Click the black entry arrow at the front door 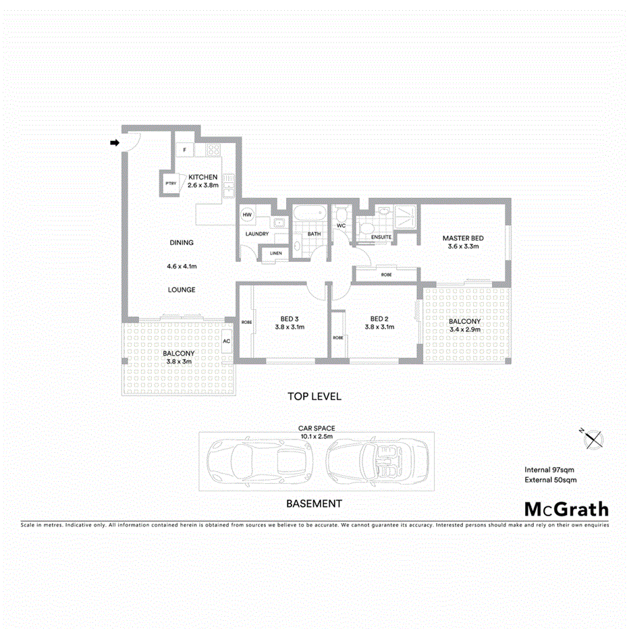click(115, 142)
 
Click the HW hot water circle click(247, 214)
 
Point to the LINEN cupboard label click(275, 253)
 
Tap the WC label click(341, 225)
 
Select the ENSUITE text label click(381, 237)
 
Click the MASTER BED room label click(463, 238)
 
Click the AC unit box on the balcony click(227, 341)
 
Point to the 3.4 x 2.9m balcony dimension click(464, 331)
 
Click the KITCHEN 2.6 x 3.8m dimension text click(203, 185)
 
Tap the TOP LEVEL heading click(314, 396)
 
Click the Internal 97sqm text click(549, 470)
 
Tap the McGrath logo click(566, 510)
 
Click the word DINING click(182, 243)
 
